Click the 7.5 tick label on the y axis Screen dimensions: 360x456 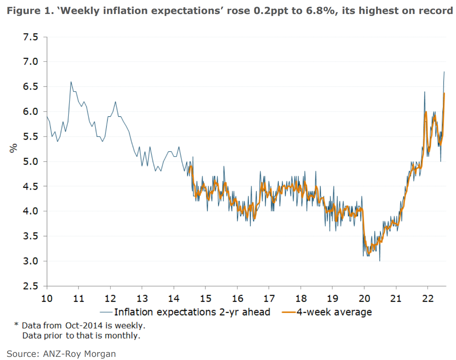coord(30,37)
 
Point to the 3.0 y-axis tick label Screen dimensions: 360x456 coord(30,261)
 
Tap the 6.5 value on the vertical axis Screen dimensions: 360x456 coord(30,86)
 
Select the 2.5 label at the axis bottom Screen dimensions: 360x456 coord(30,286)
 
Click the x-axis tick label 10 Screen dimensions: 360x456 coord(47,298)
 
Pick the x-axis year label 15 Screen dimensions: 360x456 coord(205,298)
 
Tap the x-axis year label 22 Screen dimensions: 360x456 coord(428,298)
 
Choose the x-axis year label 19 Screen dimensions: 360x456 coord(332,298)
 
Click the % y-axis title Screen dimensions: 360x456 coord(13,148)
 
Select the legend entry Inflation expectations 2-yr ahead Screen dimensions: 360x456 coord(192,312)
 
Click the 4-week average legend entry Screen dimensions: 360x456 coord(334,312)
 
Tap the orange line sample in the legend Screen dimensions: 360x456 coord(289,312)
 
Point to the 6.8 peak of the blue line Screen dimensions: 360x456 coord(444,72)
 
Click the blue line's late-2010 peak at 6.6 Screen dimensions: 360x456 coord(71,82)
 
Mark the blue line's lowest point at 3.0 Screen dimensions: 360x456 coord(379,261)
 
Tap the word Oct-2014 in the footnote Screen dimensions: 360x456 coord(84,325)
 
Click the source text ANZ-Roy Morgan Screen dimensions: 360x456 coord(79,354)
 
